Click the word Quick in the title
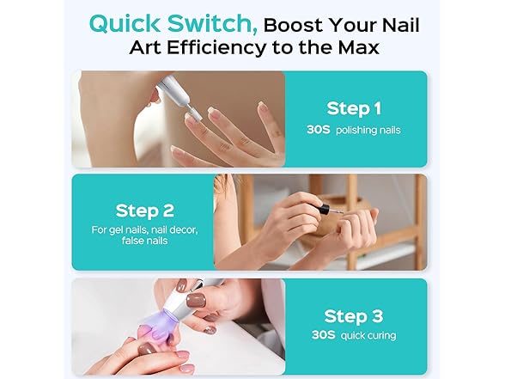pyautogui.click(x=125, y=24)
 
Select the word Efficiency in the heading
pyautogui.click(x=216, y=48)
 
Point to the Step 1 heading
pyautogui.click(x=354, y=108)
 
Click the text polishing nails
pyautogui.click(x=368, y=131)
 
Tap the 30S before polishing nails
pyautogui.click(x=318, y=130)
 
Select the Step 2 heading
pyautogui.click(x=144, y=211)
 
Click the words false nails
pyautogui.click(x=144, y=241)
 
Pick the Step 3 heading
pyautogui.click(x=354, y=316)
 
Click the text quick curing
pyautogui.click(x=368, y=336)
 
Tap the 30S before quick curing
pyautogui.click(x=323, y=335)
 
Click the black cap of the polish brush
pyautogui.click(x=325, y=210)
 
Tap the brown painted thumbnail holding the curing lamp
pyautogui.click(x=197, y=300)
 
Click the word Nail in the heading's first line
pyautogui.click(x=400, y=25)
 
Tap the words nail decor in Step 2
pyautogui.click(x=174, y=230)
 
